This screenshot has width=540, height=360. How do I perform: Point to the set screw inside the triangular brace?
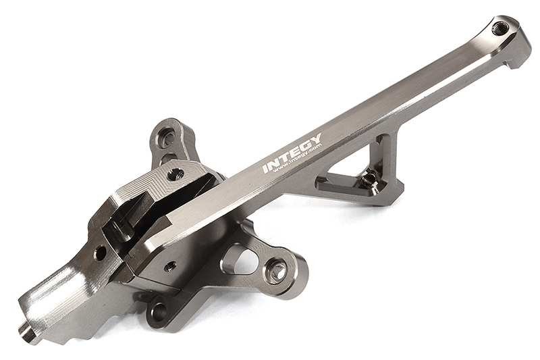click(x=369, y=179)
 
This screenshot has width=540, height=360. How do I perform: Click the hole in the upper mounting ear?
click(x=168, y=138)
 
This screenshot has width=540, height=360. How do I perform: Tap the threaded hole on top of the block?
click(x=175, y=174)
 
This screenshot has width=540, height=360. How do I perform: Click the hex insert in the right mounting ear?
click(x=276, y=272)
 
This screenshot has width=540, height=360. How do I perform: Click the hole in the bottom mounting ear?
click(x=159, y=311)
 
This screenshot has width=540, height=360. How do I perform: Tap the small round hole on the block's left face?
click(x=100, y=253)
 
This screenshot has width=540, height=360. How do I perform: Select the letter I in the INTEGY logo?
click(x=265, y=168)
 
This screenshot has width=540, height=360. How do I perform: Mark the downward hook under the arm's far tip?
click(x=516, y=57)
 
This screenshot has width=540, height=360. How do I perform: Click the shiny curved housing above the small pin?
click(x=51, y=297)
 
